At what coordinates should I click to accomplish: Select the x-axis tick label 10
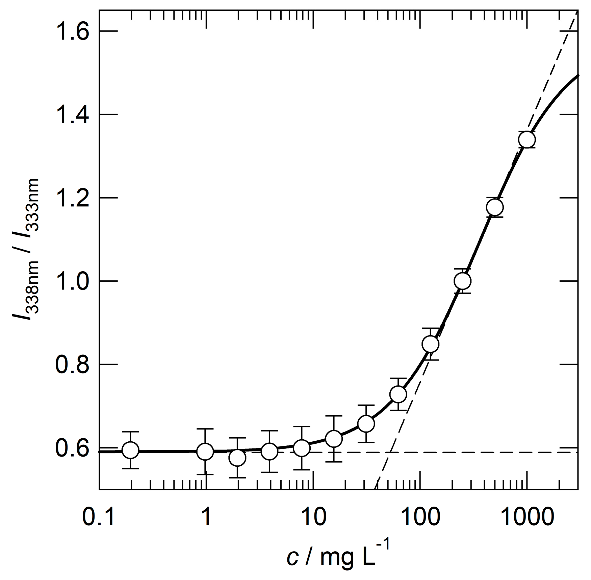pyautogui.click(x=313, y=517)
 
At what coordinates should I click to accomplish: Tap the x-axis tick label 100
pyautogui.click(x=420, y=517)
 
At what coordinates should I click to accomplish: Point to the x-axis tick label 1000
pyautogui.click(x=527, y=517)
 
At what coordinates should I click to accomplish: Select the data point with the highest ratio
pyautogui.click(x=527, y=139)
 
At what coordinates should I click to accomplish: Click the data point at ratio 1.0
pyautogui.click(x=462, y=281)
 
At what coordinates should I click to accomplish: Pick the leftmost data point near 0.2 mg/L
pyautogui.click(x=130, y=450)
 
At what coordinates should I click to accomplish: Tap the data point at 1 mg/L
pyautogui.click(x=205, y=451)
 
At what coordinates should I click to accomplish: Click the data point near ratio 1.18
pyautogui.click(x=495, y=207)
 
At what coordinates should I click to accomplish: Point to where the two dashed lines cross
pyautogui.click(x=390, y=452)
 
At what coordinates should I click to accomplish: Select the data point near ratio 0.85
pyautogui.click(x=430, y=344)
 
